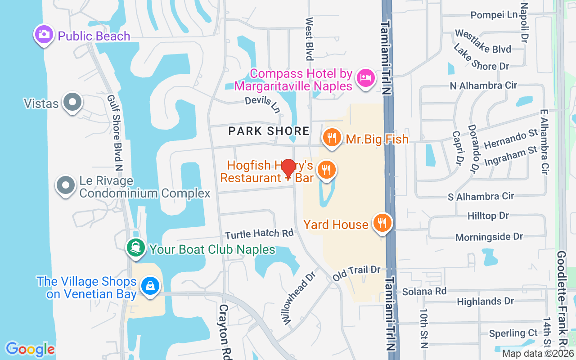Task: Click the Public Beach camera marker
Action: click(x=44, y=35)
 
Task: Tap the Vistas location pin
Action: click(x=72, y=102)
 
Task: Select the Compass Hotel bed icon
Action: click(x=365, y=78)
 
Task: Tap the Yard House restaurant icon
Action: click(x=382, y=223)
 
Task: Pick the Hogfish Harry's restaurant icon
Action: click(x=326, y=170)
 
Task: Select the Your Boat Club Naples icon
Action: click(x=135, y=248)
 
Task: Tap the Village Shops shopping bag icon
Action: click(x=149, y=286)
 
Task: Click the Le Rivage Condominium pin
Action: click(x=66, y=185)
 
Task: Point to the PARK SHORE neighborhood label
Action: click(x=269, y=131)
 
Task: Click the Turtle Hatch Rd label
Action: click(x=259, y=234)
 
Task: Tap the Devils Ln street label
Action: click(x=262, y=103)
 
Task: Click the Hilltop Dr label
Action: click(x=488, y=216)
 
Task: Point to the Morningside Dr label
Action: click(x=489, y=237)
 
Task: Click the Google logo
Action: click(x=30, y=349)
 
